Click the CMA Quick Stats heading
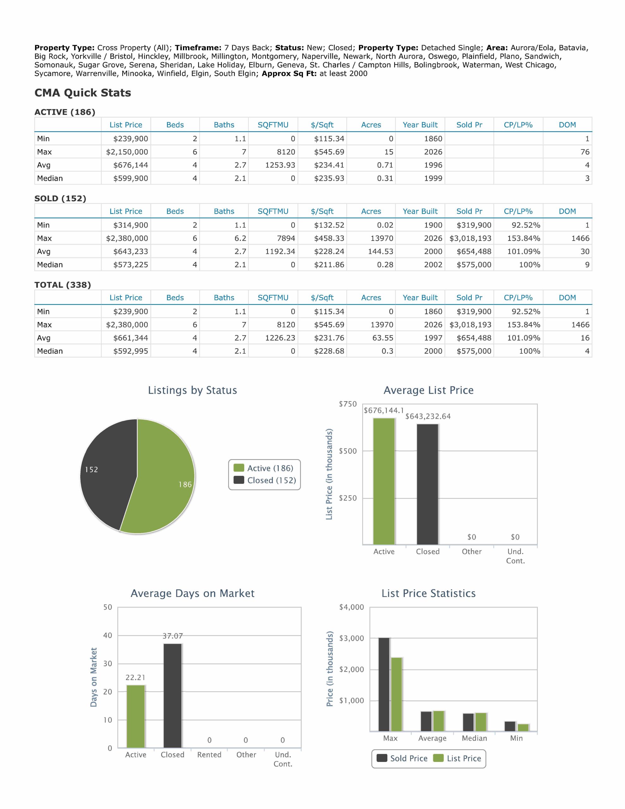[x=82, y=93]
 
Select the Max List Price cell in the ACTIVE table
[x=127, y=152]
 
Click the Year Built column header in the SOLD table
[x=420, y=211]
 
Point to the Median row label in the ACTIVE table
[x=50, y=178]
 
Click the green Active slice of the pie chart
[x=163, y=478]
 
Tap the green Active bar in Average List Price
[x=384, y=481]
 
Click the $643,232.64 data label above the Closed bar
[x=428, y=417]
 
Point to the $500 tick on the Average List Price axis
[x=348, y=451]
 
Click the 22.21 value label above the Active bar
[x=135, y=678]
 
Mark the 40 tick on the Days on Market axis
[x=107, y=636]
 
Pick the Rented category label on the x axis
[x=209, y=755]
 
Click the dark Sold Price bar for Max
[x=384, y=684]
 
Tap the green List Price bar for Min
[x=523, y=727]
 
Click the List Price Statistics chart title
[x=429, y=593]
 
